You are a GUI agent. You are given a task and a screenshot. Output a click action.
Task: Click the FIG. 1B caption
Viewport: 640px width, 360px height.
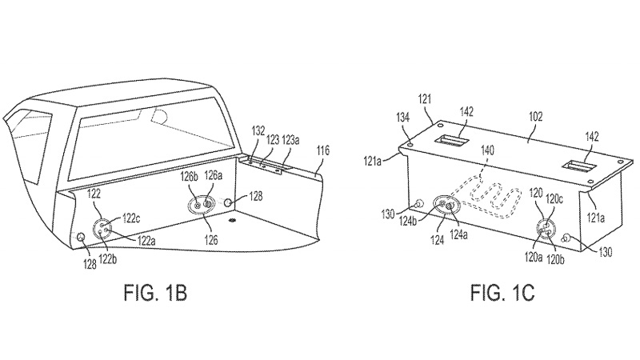pos(155,293)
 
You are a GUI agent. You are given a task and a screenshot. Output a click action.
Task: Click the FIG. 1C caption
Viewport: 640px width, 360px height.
pos(502,293)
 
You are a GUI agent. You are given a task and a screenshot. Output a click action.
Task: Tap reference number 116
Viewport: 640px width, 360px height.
pos(322,150)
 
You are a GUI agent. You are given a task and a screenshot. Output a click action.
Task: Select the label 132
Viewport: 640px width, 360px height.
pos(258,131)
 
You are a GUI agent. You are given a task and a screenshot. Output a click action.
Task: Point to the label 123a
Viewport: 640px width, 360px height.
pos(290,140)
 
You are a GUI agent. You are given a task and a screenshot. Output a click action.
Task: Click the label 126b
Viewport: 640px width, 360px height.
pos(190,176)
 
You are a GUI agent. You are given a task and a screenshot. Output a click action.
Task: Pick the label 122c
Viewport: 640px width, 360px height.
pos(131,218)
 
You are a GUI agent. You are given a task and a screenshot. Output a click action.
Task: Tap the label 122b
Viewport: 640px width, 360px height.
pos(107,258)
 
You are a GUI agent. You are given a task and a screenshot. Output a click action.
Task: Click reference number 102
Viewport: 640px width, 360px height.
pos(535,117)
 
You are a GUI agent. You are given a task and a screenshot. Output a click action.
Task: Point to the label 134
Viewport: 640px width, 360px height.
pos(402,118)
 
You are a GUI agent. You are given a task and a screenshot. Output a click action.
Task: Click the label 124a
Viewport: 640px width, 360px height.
pos(458,234)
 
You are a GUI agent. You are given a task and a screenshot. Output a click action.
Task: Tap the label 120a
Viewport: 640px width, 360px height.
pos(534,257)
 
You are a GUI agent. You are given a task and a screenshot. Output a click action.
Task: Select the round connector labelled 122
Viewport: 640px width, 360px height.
pos(102,229)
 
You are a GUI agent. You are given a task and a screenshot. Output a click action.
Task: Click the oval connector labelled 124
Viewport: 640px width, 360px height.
pos(446,205)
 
